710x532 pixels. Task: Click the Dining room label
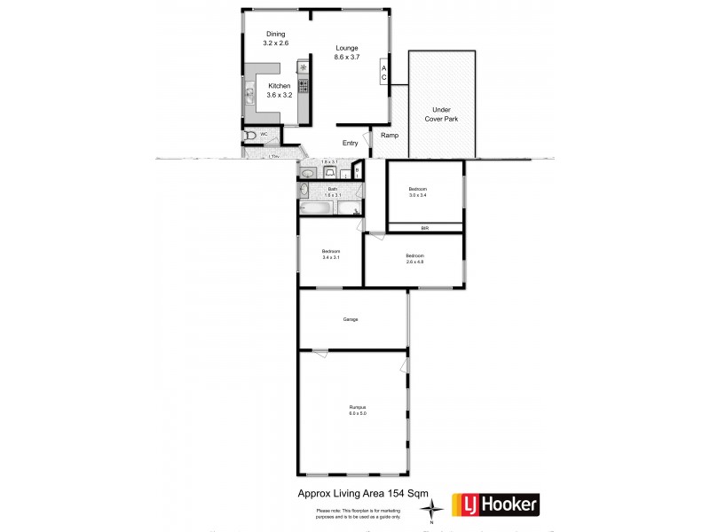[274, 34]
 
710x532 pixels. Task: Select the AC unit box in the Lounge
[383, 73]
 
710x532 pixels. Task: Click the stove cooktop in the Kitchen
[303, 86]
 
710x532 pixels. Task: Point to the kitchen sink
[250, 93]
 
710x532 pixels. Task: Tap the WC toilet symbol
[251, 136]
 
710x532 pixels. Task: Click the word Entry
[351, 143]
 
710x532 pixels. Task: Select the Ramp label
[390, 136]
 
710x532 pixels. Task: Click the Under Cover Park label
[440, 113]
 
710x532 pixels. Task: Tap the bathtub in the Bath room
[317, 210]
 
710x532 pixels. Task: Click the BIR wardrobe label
[425, 228]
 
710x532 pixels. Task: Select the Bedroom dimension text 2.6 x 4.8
[415, 261]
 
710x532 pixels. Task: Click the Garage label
[351, 319]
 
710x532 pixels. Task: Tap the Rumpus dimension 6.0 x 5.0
[357, 414]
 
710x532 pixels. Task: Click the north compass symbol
[431, 508]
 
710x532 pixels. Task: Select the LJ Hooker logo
[495, 505]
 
